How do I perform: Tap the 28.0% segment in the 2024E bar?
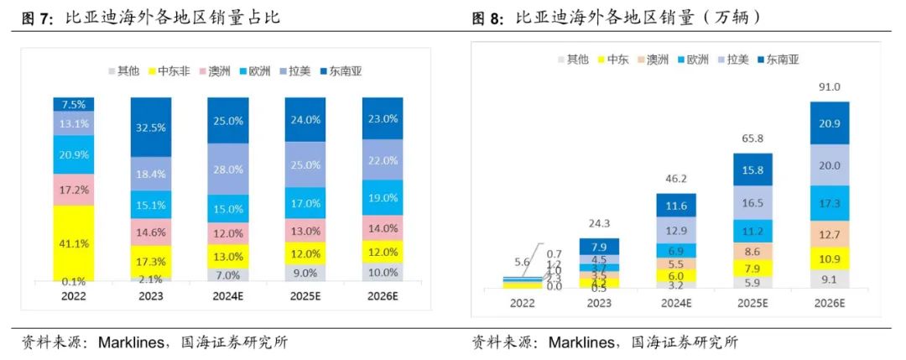pyautogui.click(x=227, y=169)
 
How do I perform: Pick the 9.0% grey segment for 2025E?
pyautogui.click(x=305, y=271)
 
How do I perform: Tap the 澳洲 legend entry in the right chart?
pyautogui.click(x=654, y=60)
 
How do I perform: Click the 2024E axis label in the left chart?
pyautogui.click(x=227, y=296)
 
